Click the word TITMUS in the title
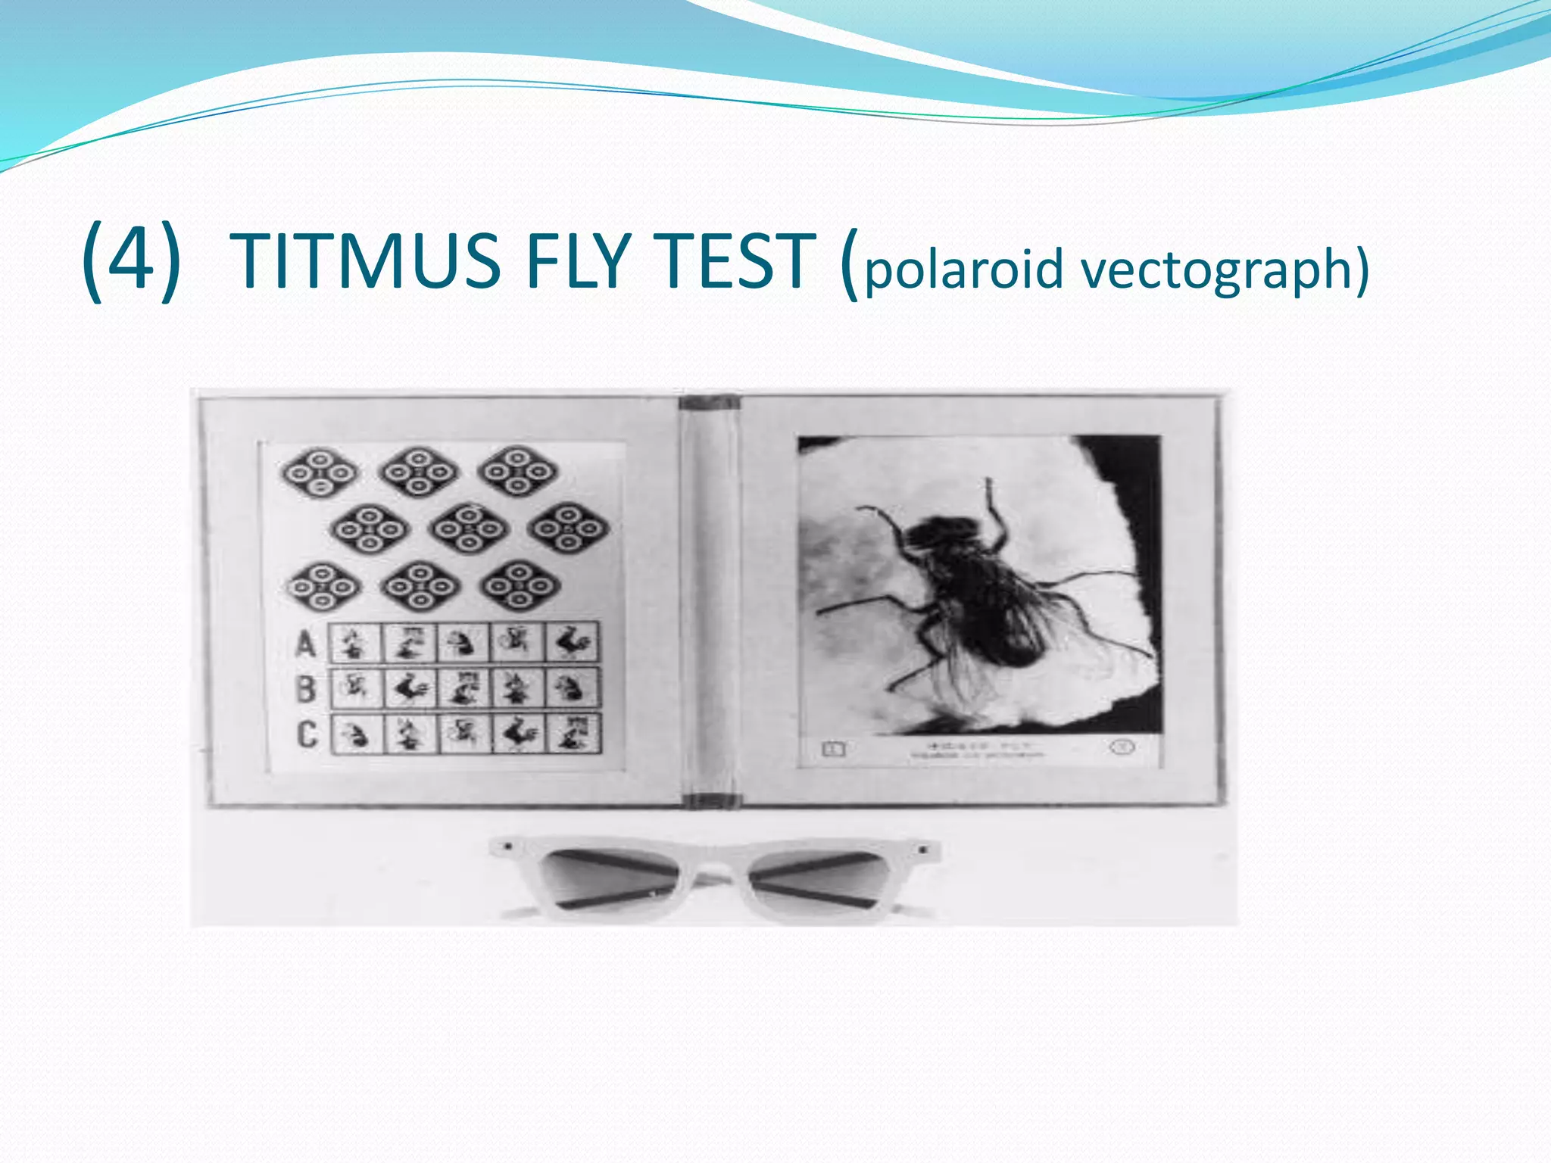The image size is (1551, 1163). tap(365, 261)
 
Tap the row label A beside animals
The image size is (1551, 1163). tap(306, 644)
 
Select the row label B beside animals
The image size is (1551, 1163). tap(306, 689)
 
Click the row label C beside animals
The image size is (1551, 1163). tap(306, 734)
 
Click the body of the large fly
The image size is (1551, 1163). tap(977, 591)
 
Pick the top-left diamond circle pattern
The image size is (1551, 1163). tap(320, 472)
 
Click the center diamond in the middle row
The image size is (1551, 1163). tap(469, 528)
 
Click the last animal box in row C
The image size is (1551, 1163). tap(573, 733)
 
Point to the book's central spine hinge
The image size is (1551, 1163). tap(709, 598)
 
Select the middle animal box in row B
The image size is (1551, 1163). tap(464, 688)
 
